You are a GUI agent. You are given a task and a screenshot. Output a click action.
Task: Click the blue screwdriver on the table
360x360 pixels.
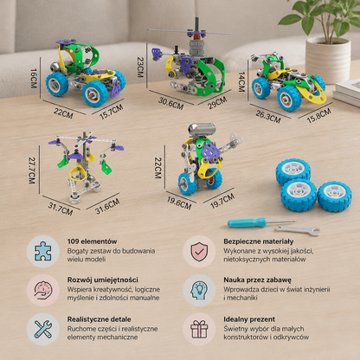[x=261, y=222]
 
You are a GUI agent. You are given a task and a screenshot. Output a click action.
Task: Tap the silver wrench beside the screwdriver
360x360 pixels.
[x=298, y=230]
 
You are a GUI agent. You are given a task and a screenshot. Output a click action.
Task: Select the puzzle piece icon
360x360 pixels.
[x=43, y=251]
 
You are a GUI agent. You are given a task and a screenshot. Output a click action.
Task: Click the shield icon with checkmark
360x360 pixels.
[x=199, y=251]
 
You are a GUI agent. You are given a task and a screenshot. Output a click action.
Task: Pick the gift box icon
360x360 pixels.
[x=199, y=329]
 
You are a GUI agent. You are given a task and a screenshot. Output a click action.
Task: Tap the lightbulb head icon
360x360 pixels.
[x=199, y=290]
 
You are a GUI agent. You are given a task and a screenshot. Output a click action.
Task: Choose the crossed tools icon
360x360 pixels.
[x=43, y=329]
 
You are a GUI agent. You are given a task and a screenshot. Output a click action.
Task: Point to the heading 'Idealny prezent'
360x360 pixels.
[x=249, y=319]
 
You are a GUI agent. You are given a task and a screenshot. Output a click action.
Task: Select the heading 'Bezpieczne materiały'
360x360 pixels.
[x=259, y=241]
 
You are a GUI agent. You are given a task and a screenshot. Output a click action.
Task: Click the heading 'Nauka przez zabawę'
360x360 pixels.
[x=257, y=280]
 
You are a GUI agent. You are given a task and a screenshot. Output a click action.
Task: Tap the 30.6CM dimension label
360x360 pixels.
[x=170, y=103]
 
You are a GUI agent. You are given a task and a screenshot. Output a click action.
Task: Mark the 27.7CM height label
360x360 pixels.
[x=32, y=170]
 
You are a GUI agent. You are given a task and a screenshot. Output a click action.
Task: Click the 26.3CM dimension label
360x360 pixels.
[x=268, y=117]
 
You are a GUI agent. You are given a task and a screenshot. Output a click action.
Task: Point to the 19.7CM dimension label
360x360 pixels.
[x=222, y=201]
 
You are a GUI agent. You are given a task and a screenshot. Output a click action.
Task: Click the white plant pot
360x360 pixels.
[x=328, y=60]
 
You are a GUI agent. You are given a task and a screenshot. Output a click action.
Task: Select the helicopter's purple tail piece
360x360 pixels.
[x=157, y=54]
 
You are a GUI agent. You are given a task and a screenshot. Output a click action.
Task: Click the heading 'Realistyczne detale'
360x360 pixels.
[x=99, y=319]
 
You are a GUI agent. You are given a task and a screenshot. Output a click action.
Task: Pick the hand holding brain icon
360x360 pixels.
[x=43, y=290]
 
